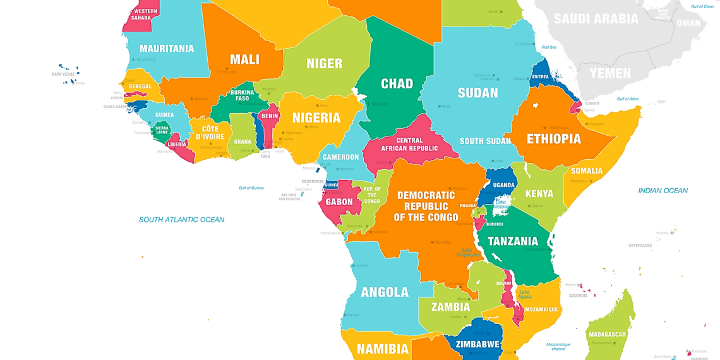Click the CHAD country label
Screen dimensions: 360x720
(397, 83)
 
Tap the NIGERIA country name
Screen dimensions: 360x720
(316, 117)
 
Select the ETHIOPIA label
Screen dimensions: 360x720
(553, 138)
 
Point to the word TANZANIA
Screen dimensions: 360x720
(513, 241)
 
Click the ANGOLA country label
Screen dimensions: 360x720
(385, 292)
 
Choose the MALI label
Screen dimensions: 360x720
(244, 59)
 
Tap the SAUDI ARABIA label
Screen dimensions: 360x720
(596, 18)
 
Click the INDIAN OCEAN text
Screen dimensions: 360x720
(663, 190)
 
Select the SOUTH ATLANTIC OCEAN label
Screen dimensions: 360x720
(181, 220)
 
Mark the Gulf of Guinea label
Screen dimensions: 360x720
(251, 188)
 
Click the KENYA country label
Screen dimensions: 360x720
(539, 193)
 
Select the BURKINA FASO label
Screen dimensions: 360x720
(242, 95)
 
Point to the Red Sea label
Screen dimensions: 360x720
(549, 47)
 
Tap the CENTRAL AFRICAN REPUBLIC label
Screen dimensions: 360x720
(409, 144)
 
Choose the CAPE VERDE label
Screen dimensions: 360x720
(63, 74)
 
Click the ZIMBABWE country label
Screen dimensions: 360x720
(477, 344)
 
